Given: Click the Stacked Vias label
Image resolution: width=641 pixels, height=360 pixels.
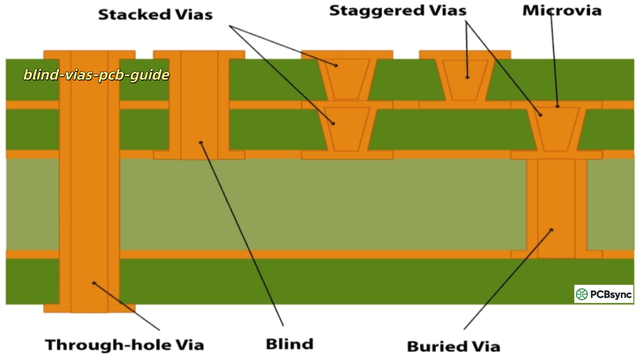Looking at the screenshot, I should (155, 15).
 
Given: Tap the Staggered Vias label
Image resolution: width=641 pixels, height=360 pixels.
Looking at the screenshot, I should (398, 11).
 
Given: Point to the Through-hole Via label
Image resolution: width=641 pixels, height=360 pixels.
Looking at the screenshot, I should (124, 345).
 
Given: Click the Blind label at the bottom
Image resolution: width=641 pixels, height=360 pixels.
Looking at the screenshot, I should (290, 344).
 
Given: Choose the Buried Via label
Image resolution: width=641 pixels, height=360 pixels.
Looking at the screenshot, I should (453, 347).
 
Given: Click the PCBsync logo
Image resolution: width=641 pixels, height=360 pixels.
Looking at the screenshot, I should (603, 294).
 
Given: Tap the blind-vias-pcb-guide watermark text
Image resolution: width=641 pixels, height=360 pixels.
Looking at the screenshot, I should (97, 75).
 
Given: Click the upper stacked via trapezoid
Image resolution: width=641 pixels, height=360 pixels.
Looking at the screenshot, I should (347, 79).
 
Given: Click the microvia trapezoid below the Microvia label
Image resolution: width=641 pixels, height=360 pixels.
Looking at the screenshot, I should (556, 129).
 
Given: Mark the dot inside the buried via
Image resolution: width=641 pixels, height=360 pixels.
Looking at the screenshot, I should (552, 229).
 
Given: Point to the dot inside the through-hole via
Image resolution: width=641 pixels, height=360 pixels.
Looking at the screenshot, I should (94, 282).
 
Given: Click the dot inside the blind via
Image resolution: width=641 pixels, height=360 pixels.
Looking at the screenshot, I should (201, 142).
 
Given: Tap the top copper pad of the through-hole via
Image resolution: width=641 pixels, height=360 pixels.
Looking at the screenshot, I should (89, 54).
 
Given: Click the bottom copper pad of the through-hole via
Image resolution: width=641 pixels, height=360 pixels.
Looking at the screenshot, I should (89, 308).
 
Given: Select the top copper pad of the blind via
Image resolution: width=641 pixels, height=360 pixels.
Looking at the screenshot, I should (199, 54).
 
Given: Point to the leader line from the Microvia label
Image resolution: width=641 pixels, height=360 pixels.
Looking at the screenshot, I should (555, 64).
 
